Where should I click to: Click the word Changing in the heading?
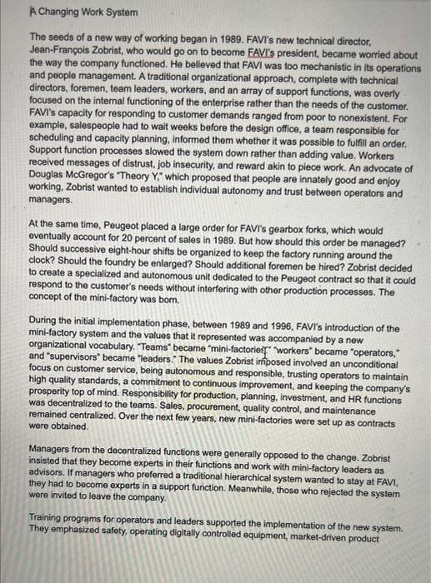click(62, 13)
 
